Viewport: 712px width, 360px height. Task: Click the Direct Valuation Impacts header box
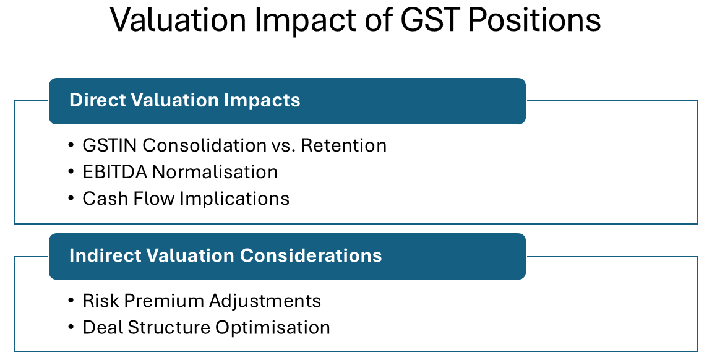tap(287, 101)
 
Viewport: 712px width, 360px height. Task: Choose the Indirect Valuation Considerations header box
tap(287, 256)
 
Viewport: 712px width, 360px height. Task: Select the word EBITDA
tap(115, 171)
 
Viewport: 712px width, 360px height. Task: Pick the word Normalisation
tap(215, 171)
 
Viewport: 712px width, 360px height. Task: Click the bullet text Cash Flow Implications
tap(186, 198)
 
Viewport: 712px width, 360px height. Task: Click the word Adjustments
tap(265, 301)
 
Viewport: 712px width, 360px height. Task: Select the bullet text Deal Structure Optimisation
tap(206, 327)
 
